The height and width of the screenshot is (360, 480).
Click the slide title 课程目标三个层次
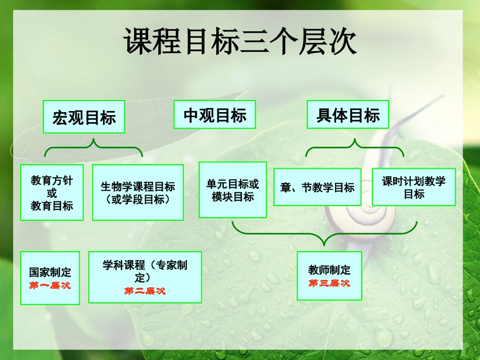point(240,42)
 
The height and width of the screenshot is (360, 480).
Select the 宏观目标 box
point(84,117)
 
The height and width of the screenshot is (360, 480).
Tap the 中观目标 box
point(215,115)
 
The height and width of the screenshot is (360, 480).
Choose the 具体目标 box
point(348,115)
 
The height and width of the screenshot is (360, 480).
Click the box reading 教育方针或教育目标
point(52,193)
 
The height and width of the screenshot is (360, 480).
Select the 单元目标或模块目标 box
point(232,190)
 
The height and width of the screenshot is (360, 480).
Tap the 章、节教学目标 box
point(317,187)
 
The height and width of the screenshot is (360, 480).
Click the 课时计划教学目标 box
point(413,187)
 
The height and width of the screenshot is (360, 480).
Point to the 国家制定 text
point(50,273)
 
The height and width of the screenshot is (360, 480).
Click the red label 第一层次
point(50,286)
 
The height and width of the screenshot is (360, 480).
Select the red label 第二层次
point(145,291)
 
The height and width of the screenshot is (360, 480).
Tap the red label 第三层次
point(329,283)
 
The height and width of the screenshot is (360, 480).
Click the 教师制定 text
point(329,270)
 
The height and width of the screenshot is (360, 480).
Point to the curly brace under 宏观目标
point(93,147)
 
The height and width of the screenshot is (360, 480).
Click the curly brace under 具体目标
point(355,147)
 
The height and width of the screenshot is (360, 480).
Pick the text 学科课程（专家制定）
point(145,271)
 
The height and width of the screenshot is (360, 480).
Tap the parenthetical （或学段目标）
point(137,200)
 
